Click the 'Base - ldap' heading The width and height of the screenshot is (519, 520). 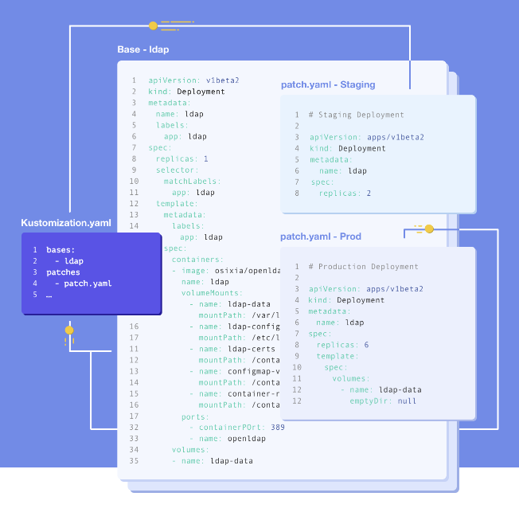click(143, 49)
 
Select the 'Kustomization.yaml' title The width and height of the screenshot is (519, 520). click(66, 222)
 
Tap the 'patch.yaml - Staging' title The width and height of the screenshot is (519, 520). click(328, 84)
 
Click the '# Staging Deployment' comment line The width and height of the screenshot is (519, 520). click(357, 115)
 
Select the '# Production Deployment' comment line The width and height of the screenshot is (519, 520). click(363, 267)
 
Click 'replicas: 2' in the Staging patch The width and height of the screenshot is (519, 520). click(345, 193)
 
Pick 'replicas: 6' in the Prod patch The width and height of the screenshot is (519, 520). click(342, 345)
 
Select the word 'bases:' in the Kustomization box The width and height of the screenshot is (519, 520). click(60, 250)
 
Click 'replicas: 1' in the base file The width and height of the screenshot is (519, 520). click(182, 158)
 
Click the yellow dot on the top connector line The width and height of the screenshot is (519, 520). click(153, 25)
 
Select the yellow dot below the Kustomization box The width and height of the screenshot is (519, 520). click(69, 329)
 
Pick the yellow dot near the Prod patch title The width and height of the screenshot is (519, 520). click(429, 229)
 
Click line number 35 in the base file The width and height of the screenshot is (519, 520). click(134, 460)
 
